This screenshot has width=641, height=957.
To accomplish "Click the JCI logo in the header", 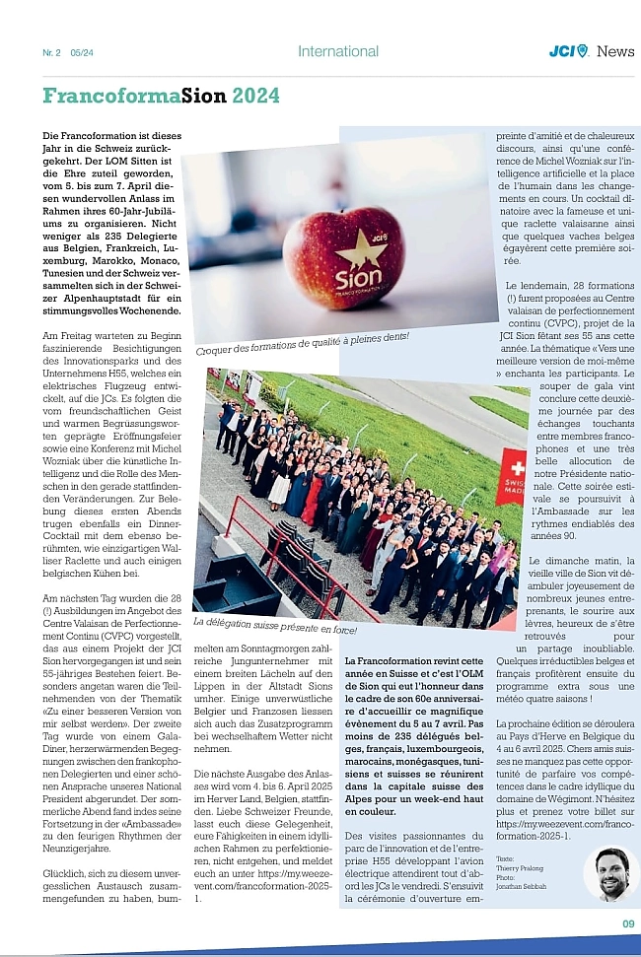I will click(568, 51).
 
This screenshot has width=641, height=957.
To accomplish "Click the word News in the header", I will click(615, 51).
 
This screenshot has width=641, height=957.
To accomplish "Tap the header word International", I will click(338, 51).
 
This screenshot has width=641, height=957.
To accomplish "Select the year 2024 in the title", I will click(255, 96).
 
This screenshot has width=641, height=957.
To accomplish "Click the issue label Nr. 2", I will click(51, 52).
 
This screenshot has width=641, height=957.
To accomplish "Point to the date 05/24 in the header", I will click(84, 52).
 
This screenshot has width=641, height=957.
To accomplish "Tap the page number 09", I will click(628, 923).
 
